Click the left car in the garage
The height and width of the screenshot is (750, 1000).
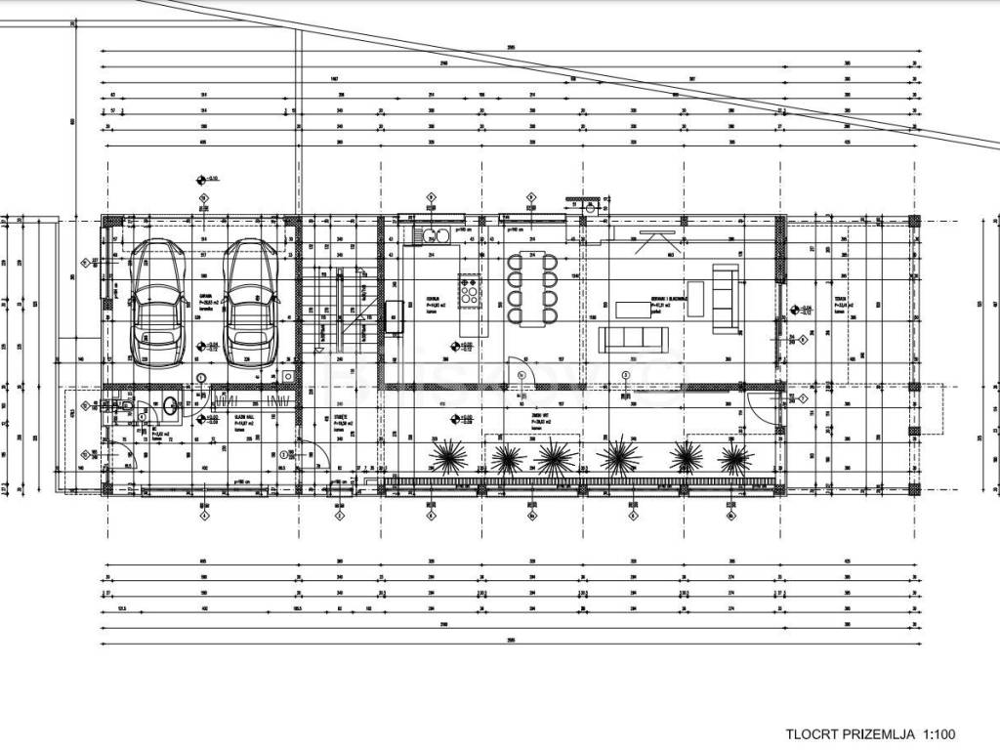(x=156, y=300)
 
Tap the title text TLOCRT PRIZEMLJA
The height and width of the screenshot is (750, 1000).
(x=849, y=734)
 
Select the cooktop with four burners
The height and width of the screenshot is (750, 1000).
(x=470, y=291)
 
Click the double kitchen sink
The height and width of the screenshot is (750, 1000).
(x=433, y=234)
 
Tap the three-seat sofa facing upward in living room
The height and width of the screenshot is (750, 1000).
(x=635, y=339)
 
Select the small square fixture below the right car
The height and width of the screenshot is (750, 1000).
(x=288, y=376)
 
